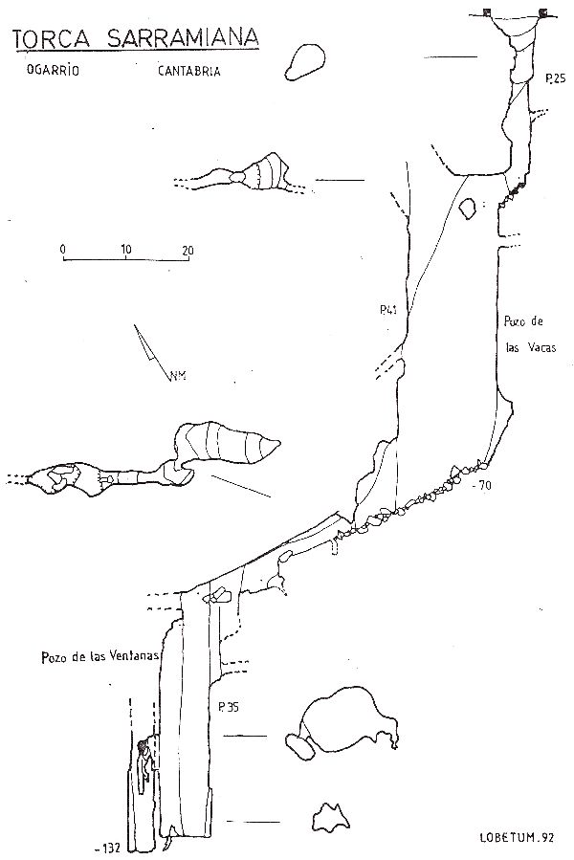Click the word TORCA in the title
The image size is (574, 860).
[x=51, y=39]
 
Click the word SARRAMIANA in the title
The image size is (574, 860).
[x=183, y=37]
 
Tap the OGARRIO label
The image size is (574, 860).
[x=53, y=70]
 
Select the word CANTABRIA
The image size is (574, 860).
[x=189, y=71]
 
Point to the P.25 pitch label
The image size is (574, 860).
[x=555, y=78]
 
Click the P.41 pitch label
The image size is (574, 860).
[x=388, y=310]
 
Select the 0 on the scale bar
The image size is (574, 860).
[x=63, y=250]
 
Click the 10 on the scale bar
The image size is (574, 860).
[x=126, y=250]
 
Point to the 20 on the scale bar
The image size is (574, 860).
[x=188, y=251]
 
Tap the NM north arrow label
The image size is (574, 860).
[x=178, y=376]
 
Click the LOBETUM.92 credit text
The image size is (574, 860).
[x=517, y=837]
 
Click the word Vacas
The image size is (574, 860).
[x=540, y=347]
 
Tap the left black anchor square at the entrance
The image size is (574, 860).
[x=487, y=12]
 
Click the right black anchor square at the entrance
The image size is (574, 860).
[x=543, y=12]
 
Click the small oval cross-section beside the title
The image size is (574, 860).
[x=304, y=62]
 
